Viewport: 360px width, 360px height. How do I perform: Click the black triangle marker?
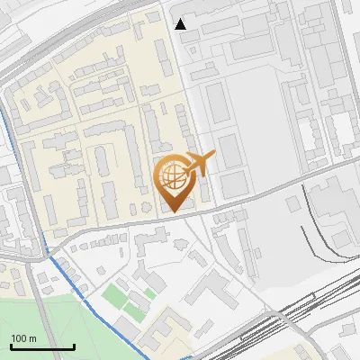pos(181,24)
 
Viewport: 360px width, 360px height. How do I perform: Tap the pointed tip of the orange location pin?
pos(173,211)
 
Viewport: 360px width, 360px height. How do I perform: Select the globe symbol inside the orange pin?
pos(172,175)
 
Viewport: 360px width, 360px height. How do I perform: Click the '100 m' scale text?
pos(24,337)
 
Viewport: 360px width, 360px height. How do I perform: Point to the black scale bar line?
pos(42,347)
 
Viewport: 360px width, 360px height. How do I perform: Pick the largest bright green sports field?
pos(114,294)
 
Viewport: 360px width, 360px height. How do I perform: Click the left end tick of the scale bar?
pos(11,346)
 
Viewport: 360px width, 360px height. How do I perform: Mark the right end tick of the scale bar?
pos(74,346)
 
